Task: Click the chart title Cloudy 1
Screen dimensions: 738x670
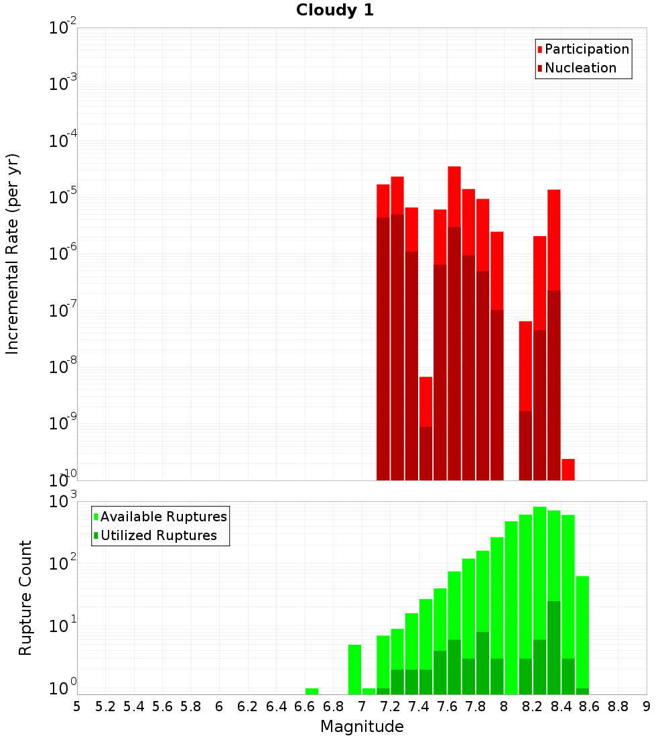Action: (x=335, y=10)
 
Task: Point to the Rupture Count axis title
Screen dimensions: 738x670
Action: (x=25, y=598)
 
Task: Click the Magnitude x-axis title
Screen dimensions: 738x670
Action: (x=362, y=727)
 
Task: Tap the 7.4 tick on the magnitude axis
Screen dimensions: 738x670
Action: (x=419, y=706)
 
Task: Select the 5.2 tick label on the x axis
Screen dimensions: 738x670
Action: (x=106, y=706)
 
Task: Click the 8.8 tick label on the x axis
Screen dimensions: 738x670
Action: (x=618, y=706)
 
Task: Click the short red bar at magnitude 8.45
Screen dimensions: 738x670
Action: (x=568, y=469)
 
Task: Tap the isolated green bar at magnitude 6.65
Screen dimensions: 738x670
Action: (x=312, y=691)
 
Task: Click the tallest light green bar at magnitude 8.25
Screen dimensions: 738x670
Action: (x=539, y=570)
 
